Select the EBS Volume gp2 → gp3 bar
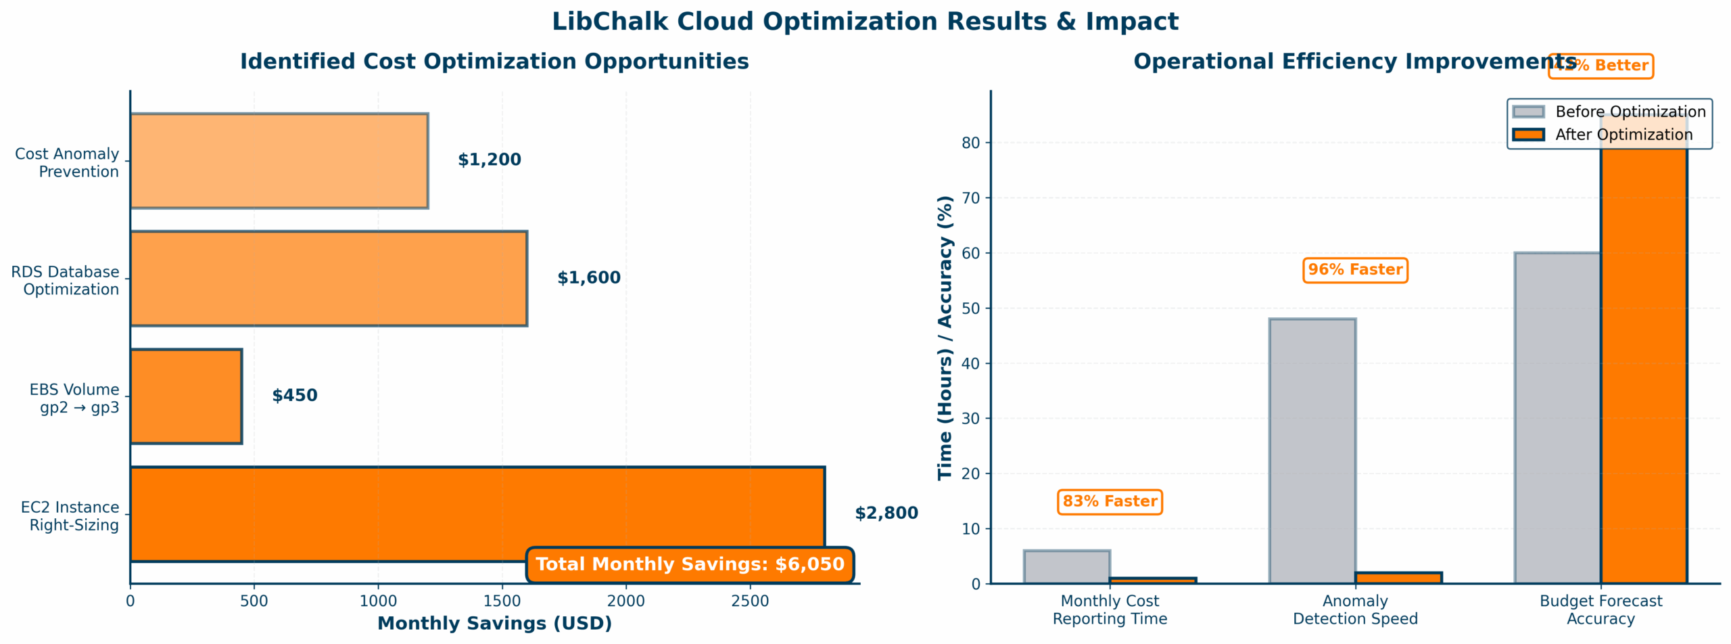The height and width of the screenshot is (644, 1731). click(x=186, y=396)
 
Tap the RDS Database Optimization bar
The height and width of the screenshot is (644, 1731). click(x=329, y=279)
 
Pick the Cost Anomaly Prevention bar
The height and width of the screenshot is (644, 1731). click(x=279, y=161)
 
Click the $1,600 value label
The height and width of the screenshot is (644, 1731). click(x=588, y=278)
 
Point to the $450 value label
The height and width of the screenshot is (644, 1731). click(x=295, y=396)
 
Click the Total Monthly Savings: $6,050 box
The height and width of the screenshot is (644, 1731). click(x=690, y=564)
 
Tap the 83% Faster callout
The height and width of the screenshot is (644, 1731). click(x=1110, y=502)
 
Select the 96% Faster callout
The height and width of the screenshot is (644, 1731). click(x=1355, y=270)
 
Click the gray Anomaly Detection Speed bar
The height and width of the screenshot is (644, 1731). click(x=1312, y=451)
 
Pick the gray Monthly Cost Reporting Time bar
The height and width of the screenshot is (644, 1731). click(x=1067, y=567)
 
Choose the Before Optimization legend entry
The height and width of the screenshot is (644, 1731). click(x=1609, y=112)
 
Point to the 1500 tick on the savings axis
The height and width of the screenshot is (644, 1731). click(x=502, y=601)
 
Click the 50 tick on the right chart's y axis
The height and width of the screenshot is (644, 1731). click(x=971, y=308)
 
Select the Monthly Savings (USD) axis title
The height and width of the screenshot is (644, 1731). click(x=494, y=624)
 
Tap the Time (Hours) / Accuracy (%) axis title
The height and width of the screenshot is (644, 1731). click(x=945, y=338)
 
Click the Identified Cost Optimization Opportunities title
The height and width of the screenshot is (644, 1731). click(x=494, y=62)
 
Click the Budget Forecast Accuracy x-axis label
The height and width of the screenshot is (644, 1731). click(x=1600, y=609)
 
